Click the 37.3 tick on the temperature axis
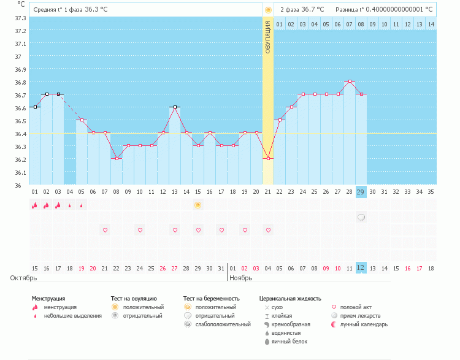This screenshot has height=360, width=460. pyautogui.click(x=20, y=18)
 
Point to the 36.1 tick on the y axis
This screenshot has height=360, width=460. pyautogui.click(x=20, y=172)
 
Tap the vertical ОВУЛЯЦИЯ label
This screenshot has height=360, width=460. pyautogui.click(x=267, y=37)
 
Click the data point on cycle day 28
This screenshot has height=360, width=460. pyautogui.click(x=350, y=81)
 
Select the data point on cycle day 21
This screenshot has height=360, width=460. pyautogui.click(x=267, y=158)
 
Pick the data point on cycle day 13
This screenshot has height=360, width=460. pyautogui.click(x=175, y=107)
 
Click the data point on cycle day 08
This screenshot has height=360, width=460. pyautogui.click(x=117, y=158)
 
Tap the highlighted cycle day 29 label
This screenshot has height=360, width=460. pyautogui.click(x=361, y=192)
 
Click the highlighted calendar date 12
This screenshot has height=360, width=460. pyautogui.click(x=361, y=267)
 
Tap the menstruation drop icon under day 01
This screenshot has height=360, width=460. pyautogui.click(x=35, y=205)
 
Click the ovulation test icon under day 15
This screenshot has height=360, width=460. pyautogui.click(x=197, y=205)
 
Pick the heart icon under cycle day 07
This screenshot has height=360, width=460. pyautogui.click(x=105, y=230)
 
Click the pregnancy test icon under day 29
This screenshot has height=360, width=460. pyautogui.click(x=361, y=217)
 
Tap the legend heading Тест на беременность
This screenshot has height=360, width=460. pyautogui.click(x=211, y=298)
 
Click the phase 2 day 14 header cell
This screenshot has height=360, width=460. pyautogui.click(x=431, y=24)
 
